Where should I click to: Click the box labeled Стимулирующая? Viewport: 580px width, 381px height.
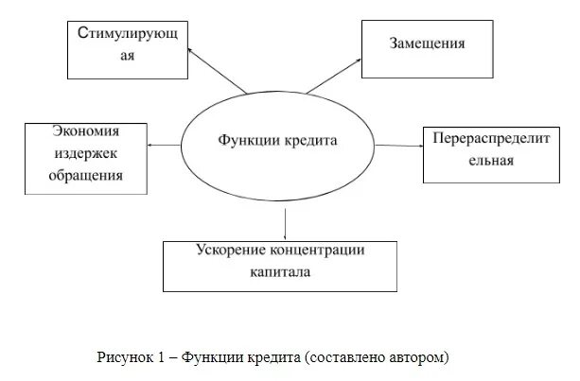(129, 47)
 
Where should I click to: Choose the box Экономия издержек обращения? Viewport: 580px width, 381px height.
(86, 157)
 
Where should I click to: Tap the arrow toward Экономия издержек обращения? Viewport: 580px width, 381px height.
(165, 145)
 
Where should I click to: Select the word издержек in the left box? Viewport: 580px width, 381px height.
(85, 157)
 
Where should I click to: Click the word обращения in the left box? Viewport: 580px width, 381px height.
(86, 175)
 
